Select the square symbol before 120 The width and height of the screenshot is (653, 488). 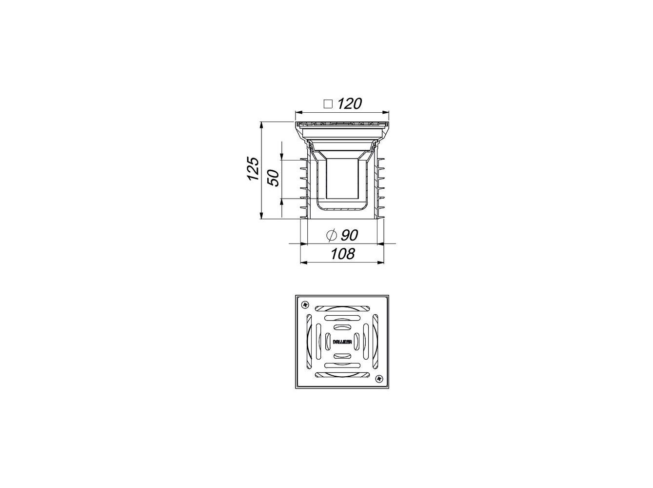328,104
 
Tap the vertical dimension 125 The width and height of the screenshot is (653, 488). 252,169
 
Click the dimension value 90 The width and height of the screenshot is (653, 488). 349,235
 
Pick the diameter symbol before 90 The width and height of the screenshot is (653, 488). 331,235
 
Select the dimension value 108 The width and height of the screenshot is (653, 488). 342,254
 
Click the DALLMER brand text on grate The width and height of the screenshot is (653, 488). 342,342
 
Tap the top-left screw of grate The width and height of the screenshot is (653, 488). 306,305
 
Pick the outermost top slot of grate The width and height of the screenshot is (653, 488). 342,308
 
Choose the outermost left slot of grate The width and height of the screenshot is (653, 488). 309,342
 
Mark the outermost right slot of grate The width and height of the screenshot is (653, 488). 375,342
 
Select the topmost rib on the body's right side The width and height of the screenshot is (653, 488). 380,160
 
